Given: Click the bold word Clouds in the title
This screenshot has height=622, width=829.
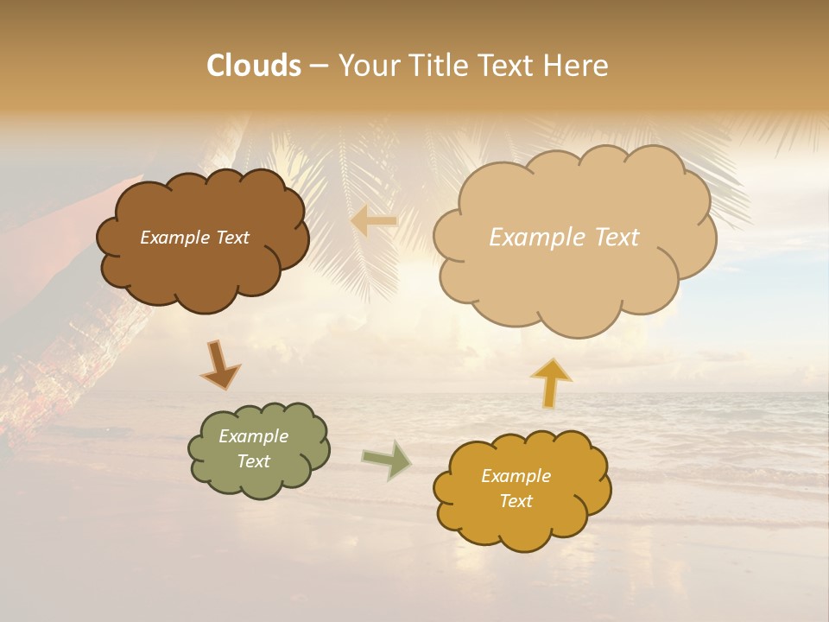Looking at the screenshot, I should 254,66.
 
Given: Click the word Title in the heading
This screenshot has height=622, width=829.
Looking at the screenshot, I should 440,66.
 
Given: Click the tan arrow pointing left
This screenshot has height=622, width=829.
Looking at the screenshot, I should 374,221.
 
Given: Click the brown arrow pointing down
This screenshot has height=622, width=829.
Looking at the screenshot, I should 219,365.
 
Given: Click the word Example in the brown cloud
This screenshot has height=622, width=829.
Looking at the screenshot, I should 174,238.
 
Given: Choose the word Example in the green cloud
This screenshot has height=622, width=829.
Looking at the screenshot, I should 253,436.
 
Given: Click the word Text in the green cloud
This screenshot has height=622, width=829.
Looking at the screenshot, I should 253,461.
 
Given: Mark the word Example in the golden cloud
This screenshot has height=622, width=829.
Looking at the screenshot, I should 516,476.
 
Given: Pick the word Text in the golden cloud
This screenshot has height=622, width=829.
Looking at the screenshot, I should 516,501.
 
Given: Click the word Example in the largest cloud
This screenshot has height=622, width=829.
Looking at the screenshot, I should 538,238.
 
